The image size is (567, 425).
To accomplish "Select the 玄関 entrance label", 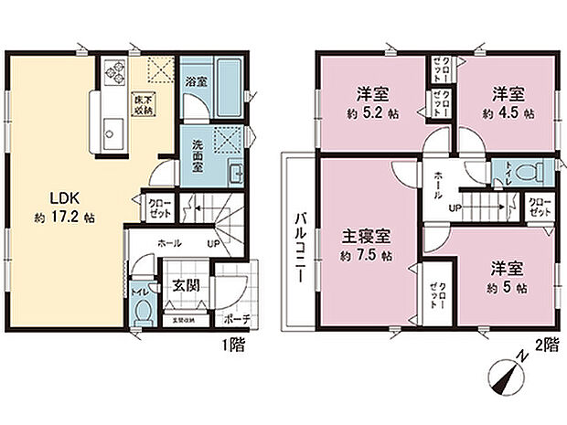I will coord(180,285).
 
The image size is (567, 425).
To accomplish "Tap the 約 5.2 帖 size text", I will coord(372,116).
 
